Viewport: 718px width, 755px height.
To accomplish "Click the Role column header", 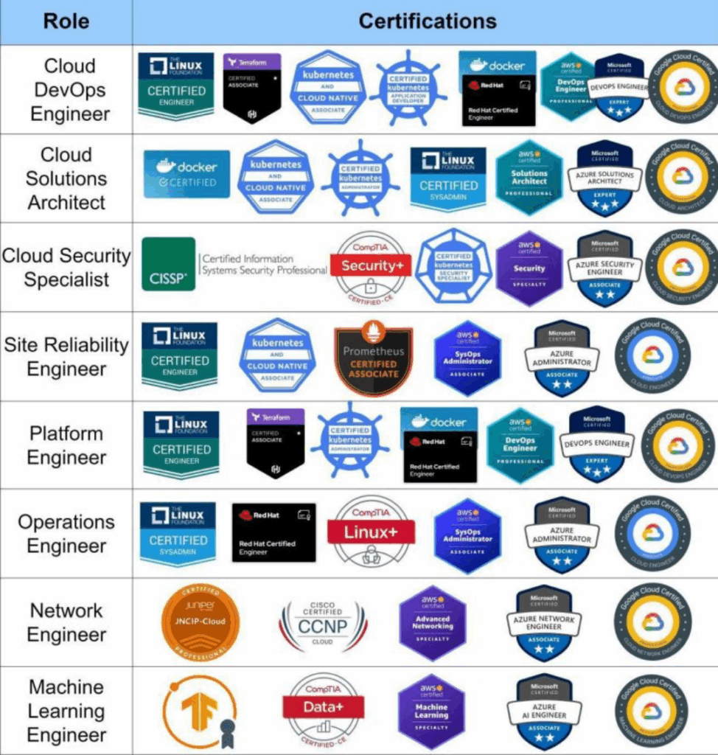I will click(x=66, y=21).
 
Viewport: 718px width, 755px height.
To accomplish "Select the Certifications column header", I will click(x=428, y=21).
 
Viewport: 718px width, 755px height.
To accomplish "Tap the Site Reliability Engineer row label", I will click(x=66, y=357).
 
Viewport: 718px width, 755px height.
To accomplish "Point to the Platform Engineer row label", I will click(x=66, y=445).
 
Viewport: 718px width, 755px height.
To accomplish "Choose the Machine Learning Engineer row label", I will click(x=66, y=711).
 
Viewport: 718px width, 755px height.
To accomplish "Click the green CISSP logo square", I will click(x=169, y=264).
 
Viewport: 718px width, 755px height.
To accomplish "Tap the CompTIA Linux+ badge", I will click(x=370, y=532).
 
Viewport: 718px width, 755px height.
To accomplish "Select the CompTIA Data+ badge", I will click(x=324, y=709).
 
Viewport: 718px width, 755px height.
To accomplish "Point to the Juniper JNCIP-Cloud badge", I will click(x=201, y=621).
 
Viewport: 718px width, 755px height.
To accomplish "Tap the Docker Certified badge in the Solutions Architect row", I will click(x=187, y=174).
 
